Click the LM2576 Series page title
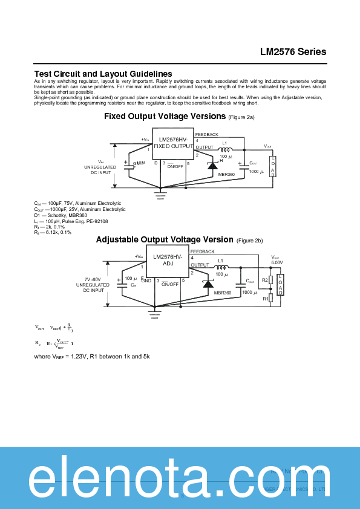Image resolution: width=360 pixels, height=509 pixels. (x=293, y=51)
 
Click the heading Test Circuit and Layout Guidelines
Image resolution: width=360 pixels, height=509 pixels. (x=103, y=74)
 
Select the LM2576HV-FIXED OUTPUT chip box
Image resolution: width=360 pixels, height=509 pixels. (x=173, y=143)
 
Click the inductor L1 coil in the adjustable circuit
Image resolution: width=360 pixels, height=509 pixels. (x=220, y=267)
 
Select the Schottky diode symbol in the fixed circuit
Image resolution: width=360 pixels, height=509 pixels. (x=212, y=164)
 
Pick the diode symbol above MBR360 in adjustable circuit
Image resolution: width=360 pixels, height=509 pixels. (x=208, y=284)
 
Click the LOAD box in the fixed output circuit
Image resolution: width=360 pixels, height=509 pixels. (x=273, y=166)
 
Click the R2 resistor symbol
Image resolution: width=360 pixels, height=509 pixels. (x=270, y=280)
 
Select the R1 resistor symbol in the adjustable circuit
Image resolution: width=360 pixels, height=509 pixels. (x=270, y=297)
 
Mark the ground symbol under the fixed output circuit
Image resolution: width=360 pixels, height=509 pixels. (x=160, y=194)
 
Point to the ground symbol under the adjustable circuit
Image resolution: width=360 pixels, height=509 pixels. (x=155, y=313)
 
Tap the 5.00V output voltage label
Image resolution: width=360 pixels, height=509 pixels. (x=277, y=263)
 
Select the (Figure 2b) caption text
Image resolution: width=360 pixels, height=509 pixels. (x=249, y=241)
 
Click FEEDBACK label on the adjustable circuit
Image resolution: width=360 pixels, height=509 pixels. (x=203, y=251)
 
